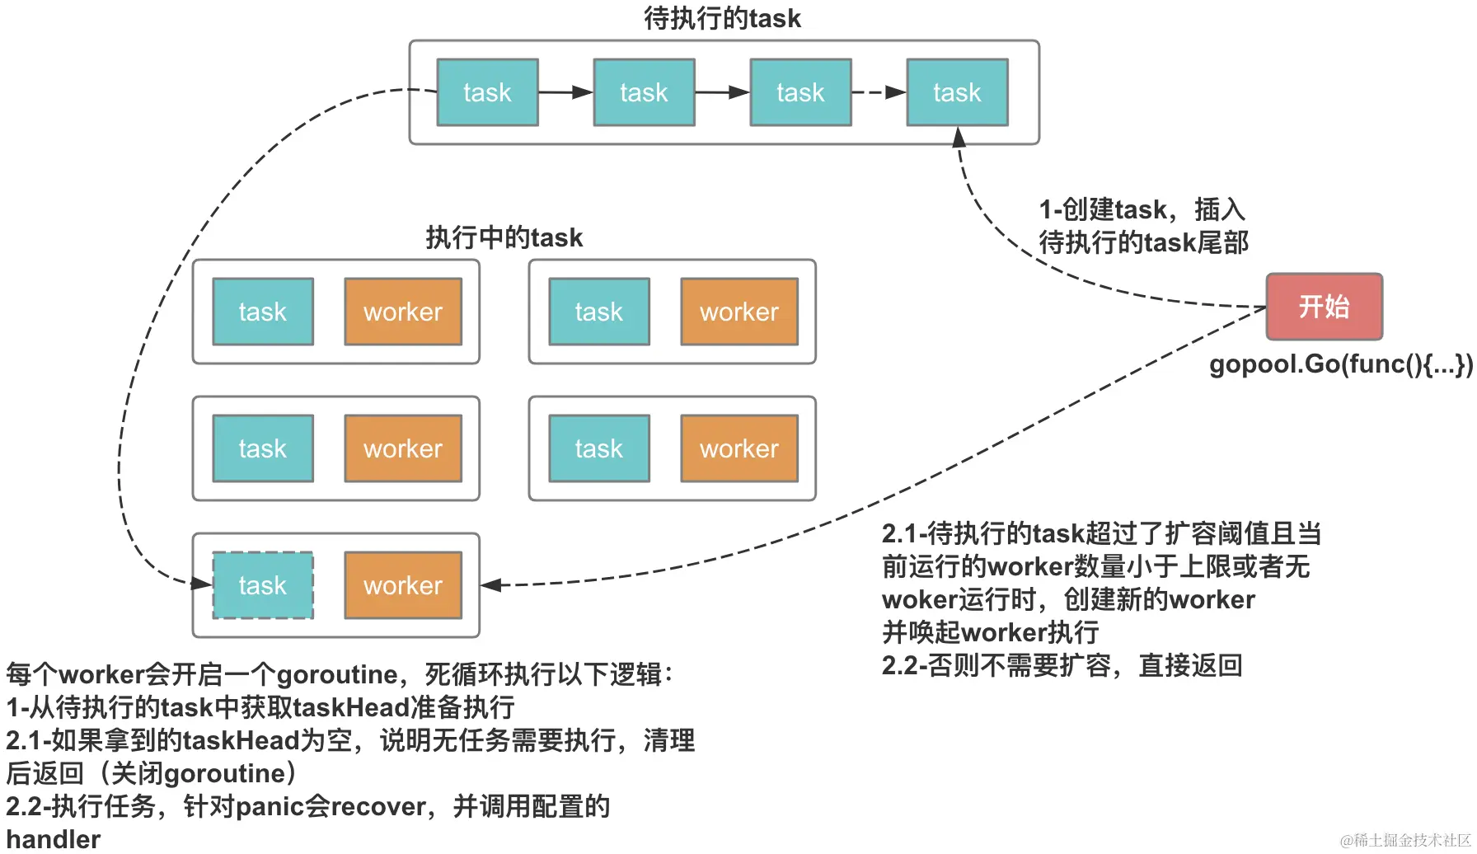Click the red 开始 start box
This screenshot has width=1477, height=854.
[x=1324, y=307]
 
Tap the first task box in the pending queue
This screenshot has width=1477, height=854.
[x=487, y=92]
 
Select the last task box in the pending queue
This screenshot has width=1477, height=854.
[x=957, y=92]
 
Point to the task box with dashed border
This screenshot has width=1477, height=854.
[x=263, y=585]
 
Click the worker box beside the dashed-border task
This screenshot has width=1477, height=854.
[x=403, y=585]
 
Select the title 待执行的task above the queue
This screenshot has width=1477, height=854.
[x=722, y=18]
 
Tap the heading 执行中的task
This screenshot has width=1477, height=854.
[x=504, y=237]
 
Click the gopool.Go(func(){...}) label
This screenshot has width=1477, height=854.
[x=1341, y=364]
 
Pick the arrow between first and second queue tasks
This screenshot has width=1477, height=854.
[x=565, y=92]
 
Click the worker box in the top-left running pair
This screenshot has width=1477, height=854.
[x=403, y=312]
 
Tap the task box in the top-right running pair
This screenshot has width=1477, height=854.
[x=599, y=312]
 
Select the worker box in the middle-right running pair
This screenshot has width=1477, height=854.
[x=739, y=448]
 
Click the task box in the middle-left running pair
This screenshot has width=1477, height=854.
[x=263, y=448]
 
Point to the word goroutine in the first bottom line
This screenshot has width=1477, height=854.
[x=337, y=674]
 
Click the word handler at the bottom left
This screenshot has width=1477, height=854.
[x=54, y=839]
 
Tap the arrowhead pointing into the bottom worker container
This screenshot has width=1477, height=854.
[x=491, y=585]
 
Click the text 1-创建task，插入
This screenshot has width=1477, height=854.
[x=1142, y=209]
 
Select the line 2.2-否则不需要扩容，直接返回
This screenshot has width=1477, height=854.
[x=1062, y=665]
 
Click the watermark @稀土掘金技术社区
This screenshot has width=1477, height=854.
[x=1404, y=840]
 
